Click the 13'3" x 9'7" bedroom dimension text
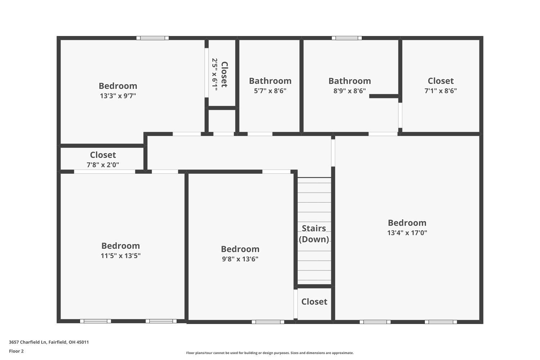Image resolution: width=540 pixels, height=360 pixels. (118, 96)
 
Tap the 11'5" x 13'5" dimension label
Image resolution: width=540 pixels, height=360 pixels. (121, 256)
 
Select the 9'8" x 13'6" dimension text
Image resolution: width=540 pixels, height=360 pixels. (240, 259)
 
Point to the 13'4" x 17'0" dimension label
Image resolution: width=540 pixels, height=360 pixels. (407, 233)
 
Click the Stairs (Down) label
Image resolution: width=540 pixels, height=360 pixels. (314, 234)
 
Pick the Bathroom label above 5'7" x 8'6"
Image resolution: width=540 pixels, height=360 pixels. (270, 81)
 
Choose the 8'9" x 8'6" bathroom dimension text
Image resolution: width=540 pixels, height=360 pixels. (350, 91)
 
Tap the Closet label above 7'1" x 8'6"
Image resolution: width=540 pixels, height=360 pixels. (441, 81)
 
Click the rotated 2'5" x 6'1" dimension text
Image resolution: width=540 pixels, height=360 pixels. (215, 74)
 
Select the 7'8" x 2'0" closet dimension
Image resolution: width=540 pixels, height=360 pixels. (103, 165)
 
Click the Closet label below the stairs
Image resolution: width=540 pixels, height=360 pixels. (314, 302)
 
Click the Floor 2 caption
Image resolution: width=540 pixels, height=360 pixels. (16, 351)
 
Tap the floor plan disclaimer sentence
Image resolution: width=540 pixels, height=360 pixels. (270, 353)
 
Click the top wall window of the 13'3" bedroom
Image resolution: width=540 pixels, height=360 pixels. (153, 38)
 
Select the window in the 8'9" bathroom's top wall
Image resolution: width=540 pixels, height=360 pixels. (347, 38)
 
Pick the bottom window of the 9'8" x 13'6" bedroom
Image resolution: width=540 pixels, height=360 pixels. (268, 322)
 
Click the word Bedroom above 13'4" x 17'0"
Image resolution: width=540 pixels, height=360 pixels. (407, 222)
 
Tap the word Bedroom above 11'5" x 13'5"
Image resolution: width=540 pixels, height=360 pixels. (121, 246)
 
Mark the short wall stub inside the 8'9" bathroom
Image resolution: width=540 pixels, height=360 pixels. (384, 96)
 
